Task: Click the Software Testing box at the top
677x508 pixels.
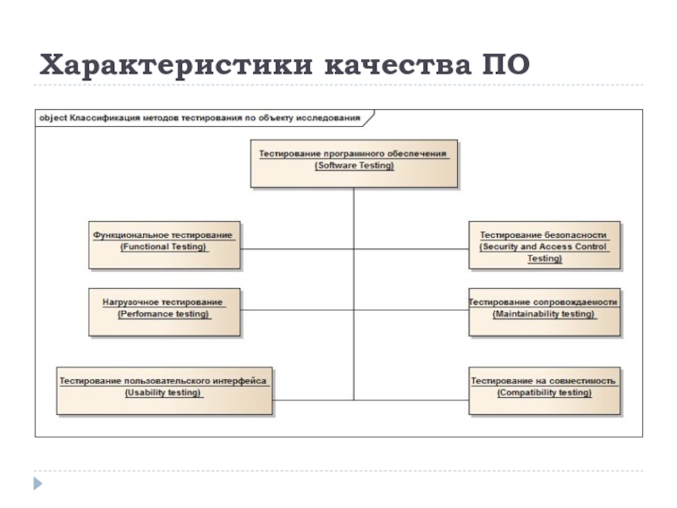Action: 354,163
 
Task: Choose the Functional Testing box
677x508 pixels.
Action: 164,245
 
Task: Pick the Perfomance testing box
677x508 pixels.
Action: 164,312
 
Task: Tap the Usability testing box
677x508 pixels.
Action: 164,390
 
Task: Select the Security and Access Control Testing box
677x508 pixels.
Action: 544,245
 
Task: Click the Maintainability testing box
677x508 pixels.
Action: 544,312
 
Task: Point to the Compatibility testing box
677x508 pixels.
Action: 544,390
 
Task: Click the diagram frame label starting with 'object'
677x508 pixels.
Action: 200,118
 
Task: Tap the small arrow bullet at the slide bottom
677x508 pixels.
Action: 37,483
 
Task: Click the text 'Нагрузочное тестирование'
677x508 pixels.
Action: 162,301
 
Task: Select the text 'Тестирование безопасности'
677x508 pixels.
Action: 544,235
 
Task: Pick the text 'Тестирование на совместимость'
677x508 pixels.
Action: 543,381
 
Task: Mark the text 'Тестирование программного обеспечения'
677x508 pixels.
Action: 353,154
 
